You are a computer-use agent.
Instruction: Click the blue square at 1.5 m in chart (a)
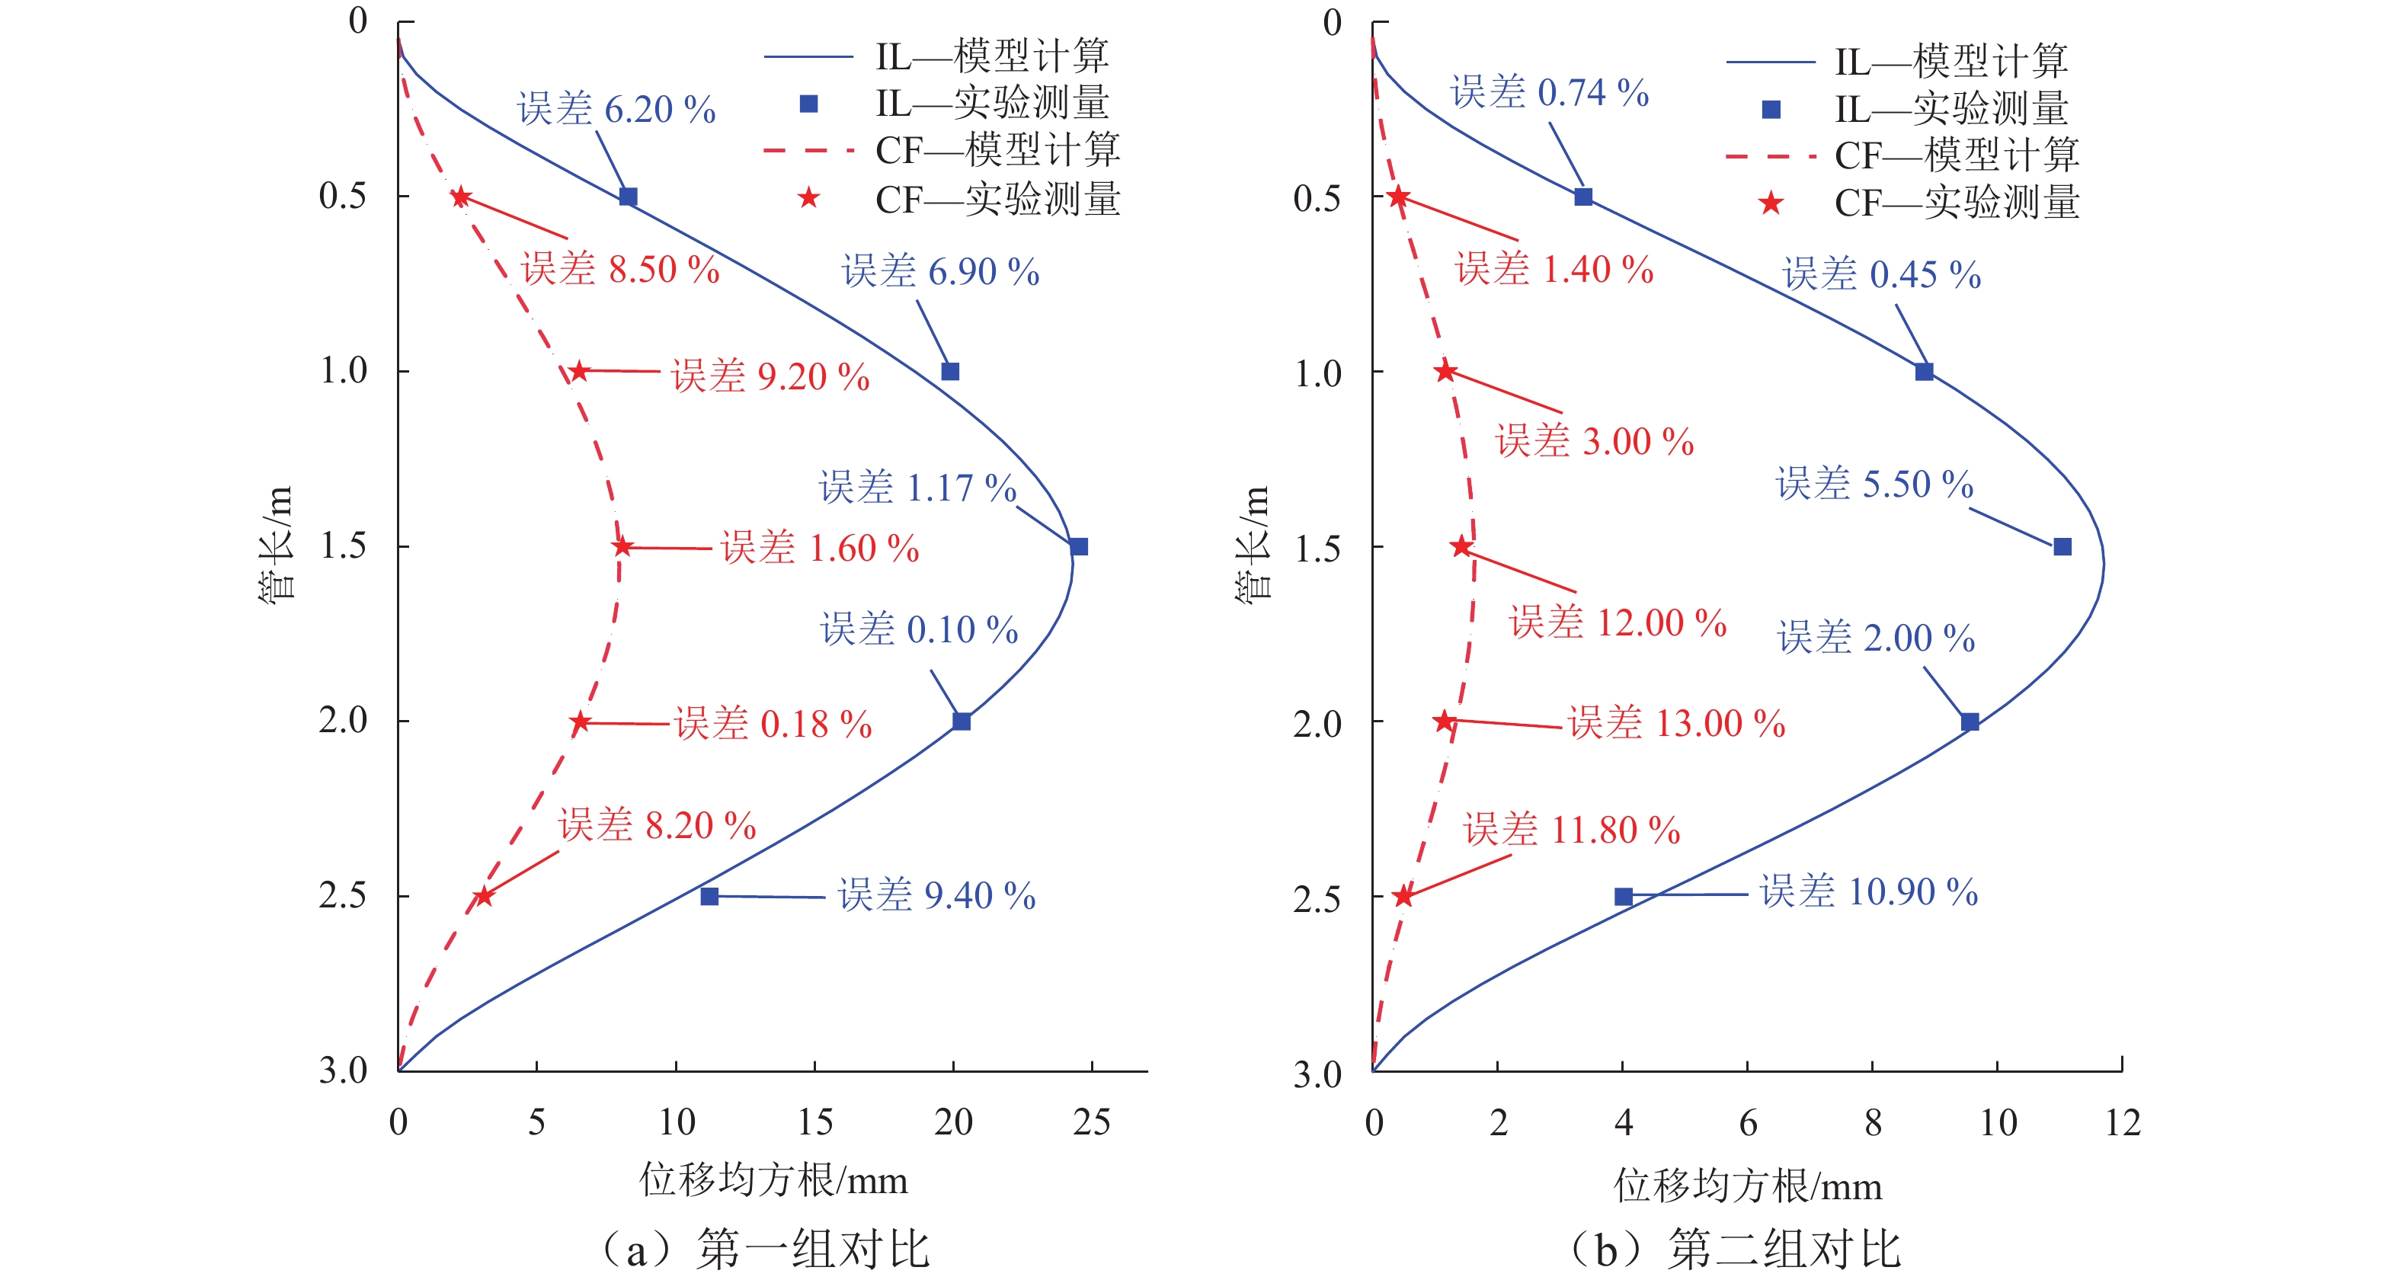1078,546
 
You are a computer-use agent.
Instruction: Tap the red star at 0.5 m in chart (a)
460,197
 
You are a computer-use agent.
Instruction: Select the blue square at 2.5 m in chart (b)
1623,896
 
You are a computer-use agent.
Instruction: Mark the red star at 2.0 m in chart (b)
1444,721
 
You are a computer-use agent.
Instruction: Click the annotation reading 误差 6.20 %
616,109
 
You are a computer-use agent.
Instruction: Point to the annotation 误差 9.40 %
936,895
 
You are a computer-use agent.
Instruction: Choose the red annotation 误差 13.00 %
1676,723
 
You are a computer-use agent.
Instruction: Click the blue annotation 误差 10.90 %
1868,891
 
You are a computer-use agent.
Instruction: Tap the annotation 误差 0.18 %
773,724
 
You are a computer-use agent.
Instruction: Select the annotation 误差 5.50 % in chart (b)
1874,485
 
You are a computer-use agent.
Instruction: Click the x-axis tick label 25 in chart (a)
1091,1122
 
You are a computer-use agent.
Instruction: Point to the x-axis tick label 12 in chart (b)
2123,1122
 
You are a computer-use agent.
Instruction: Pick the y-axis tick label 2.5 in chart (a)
343,895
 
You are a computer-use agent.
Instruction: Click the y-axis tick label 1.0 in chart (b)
1317,373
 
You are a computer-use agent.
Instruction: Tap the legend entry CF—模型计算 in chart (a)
997,150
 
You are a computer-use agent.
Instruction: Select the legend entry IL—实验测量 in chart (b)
1951,109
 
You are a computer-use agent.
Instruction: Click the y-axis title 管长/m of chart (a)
277,545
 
